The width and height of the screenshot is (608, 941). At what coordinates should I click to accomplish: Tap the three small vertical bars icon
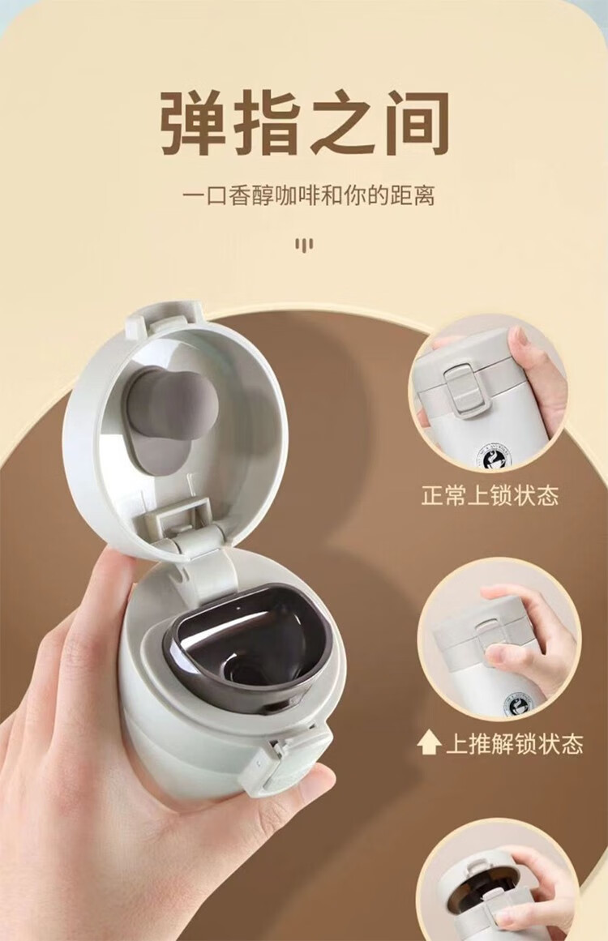tap(304, 244)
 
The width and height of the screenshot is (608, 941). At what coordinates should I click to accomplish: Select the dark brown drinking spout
tap(250, 648)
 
